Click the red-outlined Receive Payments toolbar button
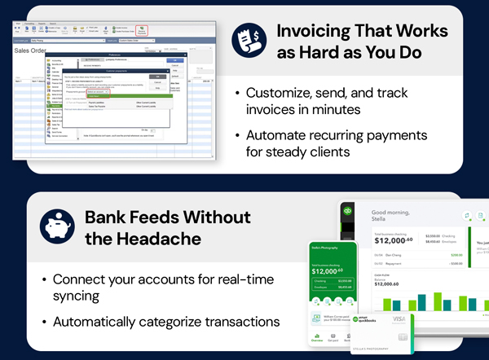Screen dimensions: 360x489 [142, 30]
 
